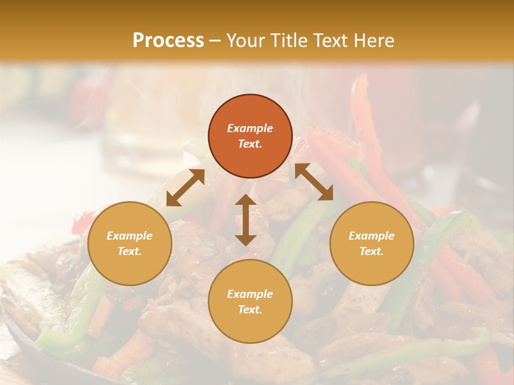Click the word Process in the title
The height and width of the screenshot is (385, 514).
(x=168, y=41)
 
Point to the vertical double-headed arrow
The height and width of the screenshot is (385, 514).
(x=246, y=220)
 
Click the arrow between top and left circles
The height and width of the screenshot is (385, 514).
(x=185, y=188)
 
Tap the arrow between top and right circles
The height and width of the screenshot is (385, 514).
(x=314, y=182)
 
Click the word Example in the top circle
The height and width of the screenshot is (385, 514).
(x=250, y=128)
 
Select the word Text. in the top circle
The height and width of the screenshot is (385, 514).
(x=250, y=144)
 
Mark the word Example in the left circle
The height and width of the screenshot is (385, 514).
(x=130, y=236)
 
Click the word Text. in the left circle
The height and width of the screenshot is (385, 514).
(x=130, y=251)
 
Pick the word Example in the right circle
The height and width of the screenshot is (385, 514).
(x=372, y=236)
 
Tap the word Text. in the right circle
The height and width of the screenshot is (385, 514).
(x=372, y=251)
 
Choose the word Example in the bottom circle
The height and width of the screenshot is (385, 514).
(x=250, y=294)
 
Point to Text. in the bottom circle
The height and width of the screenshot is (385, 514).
(x=250, y=310)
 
